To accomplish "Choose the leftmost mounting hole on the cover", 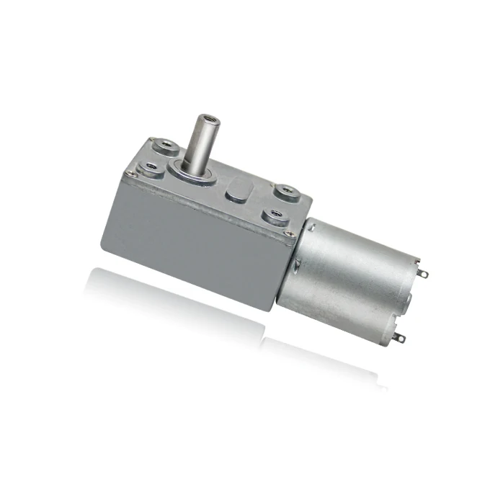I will pos(151,168).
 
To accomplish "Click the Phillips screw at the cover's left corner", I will pos(130,172).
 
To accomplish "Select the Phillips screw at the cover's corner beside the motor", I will pos(290,233).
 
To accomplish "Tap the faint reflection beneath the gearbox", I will pos(180,295).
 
